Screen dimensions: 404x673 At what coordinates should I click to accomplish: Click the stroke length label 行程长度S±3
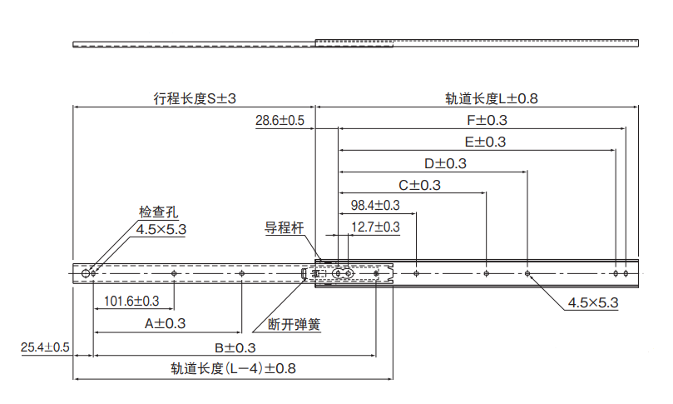coord(195,98)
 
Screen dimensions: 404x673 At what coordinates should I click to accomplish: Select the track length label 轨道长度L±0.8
coord(492,98)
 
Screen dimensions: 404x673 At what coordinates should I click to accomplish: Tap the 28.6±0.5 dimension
coord(280,121)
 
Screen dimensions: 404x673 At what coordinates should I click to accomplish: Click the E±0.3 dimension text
coord(484,142)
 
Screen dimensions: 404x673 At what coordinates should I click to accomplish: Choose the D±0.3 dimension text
coord(445,163)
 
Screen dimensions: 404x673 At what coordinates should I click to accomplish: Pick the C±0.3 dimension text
coord(419,185)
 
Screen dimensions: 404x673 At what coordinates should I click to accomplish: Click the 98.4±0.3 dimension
coord(375,205)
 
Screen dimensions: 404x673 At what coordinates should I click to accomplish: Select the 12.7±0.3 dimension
coord(375,227)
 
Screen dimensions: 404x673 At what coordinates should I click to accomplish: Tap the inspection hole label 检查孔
coord(158,213)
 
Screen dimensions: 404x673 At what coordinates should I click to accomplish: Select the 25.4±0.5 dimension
coord(45,347)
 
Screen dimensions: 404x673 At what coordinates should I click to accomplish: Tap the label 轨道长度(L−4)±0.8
coord(234,368)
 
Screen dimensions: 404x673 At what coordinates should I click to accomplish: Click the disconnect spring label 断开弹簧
coord(294,324)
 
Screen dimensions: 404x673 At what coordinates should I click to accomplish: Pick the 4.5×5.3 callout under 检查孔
coord(161,229)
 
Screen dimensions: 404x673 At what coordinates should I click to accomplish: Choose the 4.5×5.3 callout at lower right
coord(593,303)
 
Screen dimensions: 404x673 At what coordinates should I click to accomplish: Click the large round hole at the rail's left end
coord(86,273)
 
